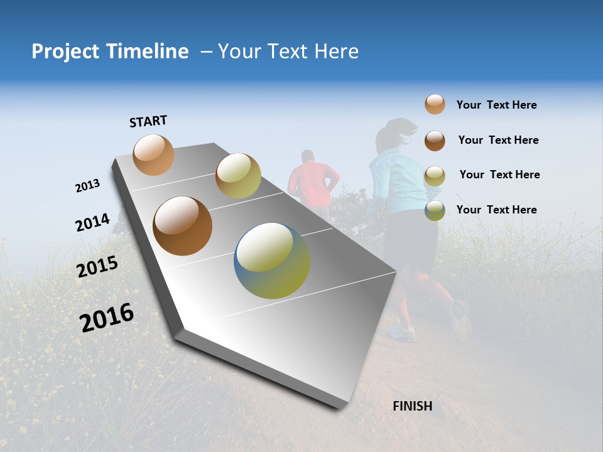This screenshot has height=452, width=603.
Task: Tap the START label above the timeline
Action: pos(148,121)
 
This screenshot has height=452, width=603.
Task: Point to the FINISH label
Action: pos(412,406)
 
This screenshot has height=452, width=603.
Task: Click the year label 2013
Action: pos(87,186)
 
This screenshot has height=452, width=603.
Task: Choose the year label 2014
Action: pos(92,223)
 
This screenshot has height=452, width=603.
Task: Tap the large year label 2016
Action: pos(107,318)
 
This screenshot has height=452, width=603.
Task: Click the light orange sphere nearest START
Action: pos(154,154)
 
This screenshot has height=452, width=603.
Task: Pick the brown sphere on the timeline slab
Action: pos(182,226)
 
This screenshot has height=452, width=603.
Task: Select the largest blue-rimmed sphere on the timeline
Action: pos(272,261)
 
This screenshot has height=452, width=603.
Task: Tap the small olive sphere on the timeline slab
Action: pos(238,176)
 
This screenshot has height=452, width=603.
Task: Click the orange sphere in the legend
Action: pos(435,105)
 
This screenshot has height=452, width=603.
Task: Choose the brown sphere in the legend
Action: pos(435,140)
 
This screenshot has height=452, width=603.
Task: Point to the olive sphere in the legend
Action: pos(435,175)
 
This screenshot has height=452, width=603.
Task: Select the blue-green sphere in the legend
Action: pos(435,210)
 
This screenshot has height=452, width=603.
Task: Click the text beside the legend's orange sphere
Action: pos(496,105)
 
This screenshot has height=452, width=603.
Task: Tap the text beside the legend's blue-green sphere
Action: pos(496,210)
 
